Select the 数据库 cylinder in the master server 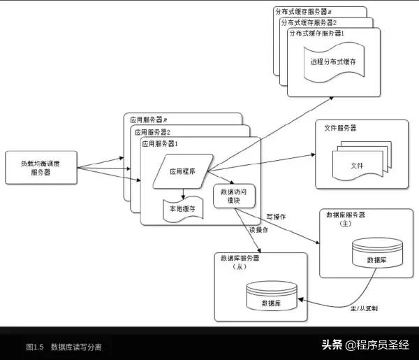click(x=377, y=254)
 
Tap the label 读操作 click(x=259, y=230)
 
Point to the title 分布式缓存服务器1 click(x=316, y=34)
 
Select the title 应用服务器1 click(x=161, y=143)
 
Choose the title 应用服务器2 click(x=153, y=131)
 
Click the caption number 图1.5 click(x=35, y=347)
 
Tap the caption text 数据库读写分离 click(x=76, y=347)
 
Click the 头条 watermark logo click(x=332, y=345)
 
